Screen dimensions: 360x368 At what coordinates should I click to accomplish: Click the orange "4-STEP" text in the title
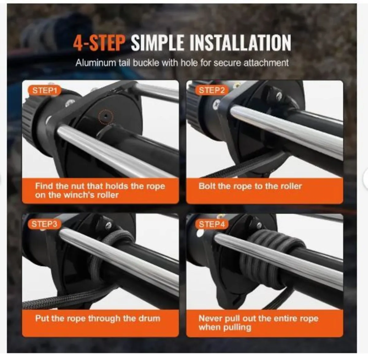(x=99, y=43)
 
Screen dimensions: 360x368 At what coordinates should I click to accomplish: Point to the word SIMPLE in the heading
(x=158, y=43)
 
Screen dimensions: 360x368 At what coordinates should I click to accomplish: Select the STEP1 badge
(x=45, y=90)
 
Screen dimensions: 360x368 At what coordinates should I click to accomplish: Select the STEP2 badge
(x=212, y=90)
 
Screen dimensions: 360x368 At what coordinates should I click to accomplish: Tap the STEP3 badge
(x=44, y=224)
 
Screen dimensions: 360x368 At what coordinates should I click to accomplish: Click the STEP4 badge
(x=212, y=224)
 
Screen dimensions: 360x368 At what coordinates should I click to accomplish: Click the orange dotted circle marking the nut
(x=105, y=117)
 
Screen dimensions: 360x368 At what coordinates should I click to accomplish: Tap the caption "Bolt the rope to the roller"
(x=250, y=186)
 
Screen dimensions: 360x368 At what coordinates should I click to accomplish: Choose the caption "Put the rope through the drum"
(x=98, y=318)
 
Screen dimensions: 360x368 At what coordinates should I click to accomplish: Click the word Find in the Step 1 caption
(x=43, y=186)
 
